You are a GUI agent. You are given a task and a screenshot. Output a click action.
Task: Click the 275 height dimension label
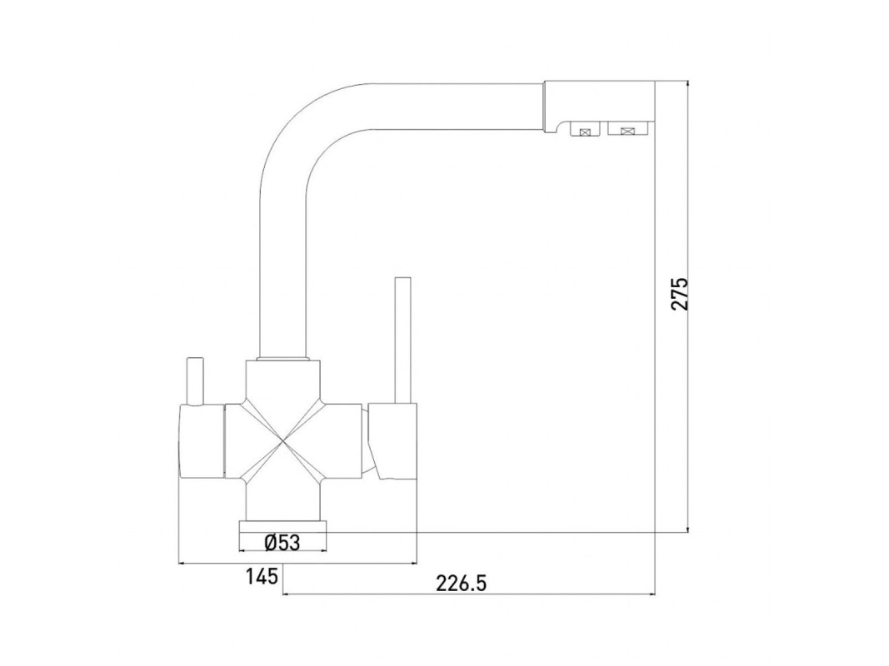pyautogui.click(x=679, y=293)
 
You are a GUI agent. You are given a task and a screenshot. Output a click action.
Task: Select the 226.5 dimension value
pyautogui.click(x=462, y=582)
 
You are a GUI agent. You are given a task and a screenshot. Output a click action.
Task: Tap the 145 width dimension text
pyautogui.click(x=262, y=577)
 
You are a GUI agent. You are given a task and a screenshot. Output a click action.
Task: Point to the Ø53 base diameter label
pyautogui.click(x=282, y=543)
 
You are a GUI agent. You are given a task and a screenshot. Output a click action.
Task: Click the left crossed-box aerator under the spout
pyautogui.click(x=586, y=132)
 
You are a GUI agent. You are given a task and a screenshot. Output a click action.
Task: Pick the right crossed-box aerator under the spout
pyautogui.click(x=627, y=132)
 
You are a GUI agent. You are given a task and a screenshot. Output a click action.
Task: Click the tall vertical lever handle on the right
pyautogui.click(x=402, y=340)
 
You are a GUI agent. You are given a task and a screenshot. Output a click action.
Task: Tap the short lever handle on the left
pyautogui.click(x=195, y=381)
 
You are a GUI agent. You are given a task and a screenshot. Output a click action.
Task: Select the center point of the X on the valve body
pyautogui.click(x=282, y=440)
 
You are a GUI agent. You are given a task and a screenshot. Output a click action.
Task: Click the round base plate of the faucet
pyautogui.click(x=282, y=527)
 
